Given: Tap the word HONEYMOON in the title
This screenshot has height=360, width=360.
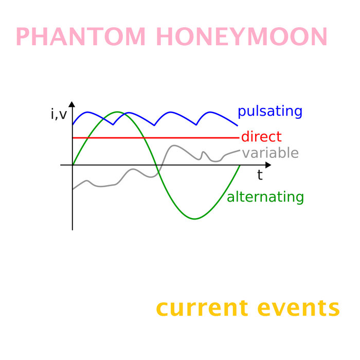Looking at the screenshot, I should point(242,37).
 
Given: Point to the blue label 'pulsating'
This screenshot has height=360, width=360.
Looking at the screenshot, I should point(269,112).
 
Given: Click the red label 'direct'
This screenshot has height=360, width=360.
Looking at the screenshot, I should point(261,137).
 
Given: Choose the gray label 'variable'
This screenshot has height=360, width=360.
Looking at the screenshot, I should point(270,153).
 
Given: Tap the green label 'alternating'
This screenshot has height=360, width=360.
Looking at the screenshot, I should point(265,197).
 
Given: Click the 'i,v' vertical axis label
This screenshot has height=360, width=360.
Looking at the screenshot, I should point(59,114).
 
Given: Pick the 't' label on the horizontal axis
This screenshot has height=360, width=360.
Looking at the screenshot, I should point(260,175).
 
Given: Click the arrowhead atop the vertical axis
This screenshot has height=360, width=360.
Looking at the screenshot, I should point(72,104).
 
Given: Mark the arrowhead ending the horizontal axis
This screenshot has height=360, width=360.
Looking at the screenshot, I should point(268,165).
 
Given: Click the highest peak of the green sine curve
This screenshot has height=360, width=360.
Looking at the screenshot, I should point(118,112).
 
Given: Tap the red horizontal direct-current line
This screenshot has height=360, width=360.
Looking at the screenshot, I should point(154,138).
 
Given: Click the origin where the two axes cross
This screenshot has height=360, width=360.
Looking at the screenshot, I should point(73,165).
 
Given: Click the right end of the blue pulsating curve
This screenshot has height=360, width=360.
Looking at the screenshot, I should point(238,125).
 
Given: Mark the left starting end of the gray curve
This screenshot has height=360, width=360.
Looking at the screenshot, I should point(73,189).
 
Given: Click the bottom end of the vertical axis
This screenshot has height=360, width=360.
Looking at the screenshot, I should point(73,229).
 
